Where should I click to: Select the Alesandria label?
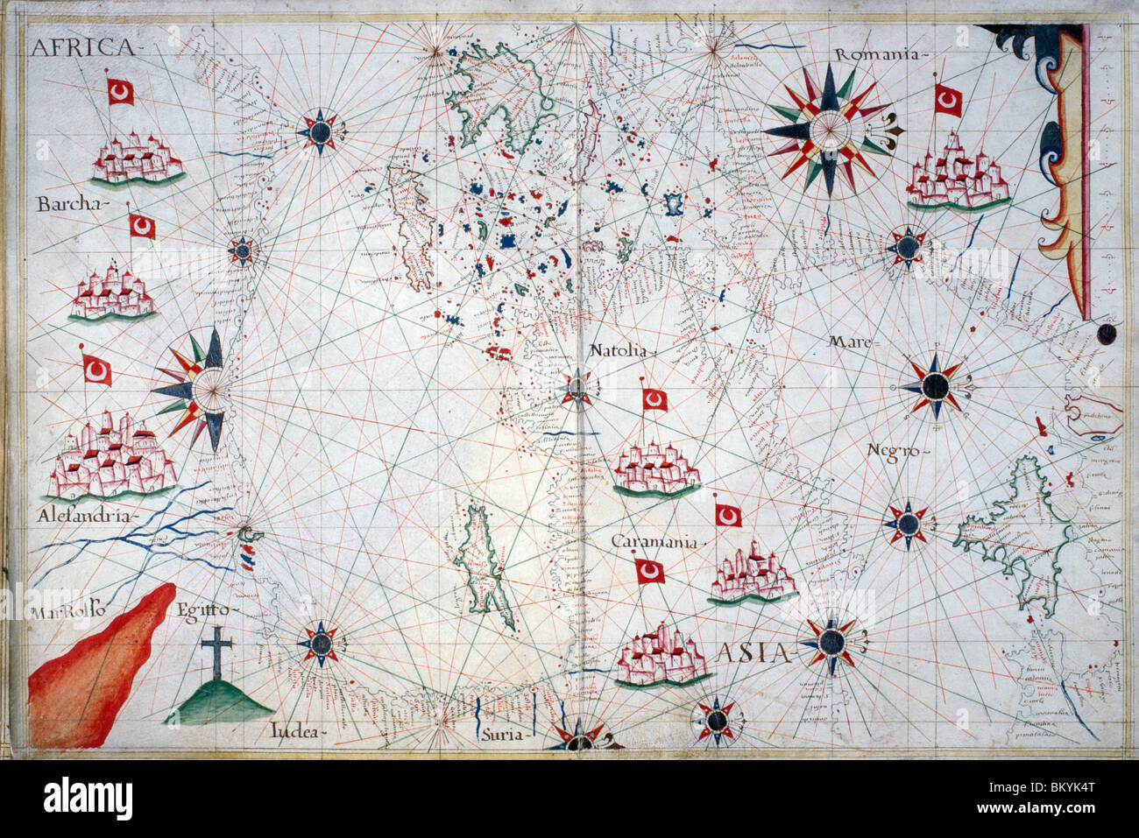(85, 517)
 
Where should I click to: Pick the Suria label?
(500, 735)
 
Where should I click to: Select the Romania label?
(878, 54)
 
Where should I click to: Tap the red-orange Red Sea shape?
(96, 665)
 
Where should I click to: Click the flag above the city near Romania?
(947, 101)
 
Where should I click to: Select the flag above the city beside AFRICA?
(120, 91)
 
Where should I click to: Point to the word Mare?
(851, 342)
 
